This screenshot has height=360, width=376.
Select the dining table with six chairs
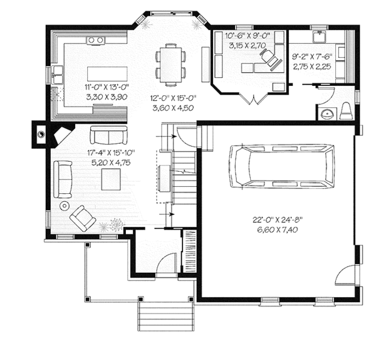(170, 63)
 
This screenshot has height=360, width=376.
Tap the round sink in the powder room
(325, 114)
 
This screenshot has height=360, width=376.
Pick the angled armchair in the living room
(83, 217)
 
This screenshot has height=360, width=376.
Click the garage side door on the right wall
(346, 273)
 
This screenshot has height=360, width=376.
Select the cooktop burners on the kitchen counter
(95, 40)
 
